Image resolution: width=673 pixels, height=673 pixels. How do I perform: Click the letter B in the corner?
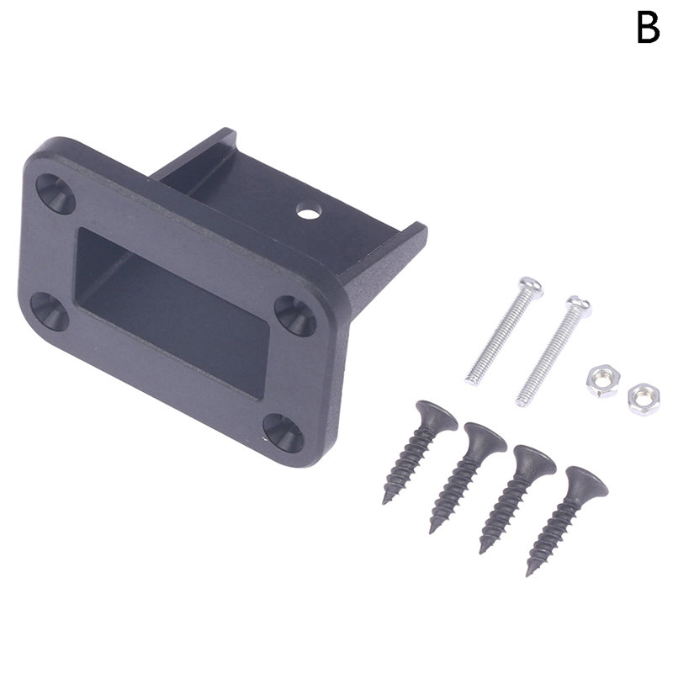tap(648, 28)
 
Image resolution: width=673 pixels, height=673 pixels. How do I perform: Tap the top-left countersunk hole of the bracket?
tap(56, 194)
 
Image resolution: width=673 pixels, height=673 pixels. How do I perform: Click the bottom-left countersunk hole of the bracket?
tap(50, 311)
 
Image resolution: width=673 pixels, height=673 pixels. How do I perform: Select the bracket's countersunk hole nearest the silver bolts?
tap(295, 316)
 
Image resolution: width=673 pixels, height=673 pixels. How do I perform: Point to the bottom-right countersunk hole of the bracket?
tap(284, 433)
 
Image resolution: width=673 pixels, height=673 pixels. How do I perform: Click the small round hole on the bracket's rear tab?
tap(309, 211)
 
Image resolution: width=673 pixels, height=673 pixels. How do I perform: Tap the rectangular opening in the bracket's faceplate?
tap(172, 313)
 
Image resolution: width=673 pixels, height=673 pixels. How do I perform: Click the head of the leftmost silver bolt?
tap(531, 287)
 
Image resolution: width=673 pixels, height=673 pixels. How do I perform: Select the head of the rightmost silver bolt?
tap(578, 306)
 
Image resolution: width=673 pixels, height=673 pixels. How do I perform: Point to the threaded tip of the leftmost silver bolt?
tap(471, 380)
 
